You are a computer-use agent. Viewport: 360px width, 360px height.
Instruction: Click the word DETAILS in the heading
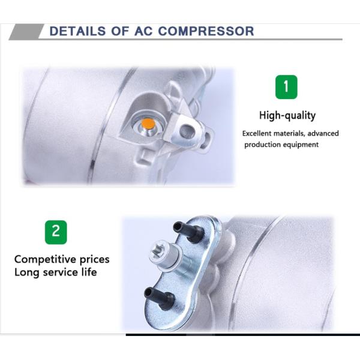pos(77,31)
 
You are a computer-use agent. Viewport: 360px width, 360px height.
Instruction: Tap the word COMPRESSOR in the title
pos(206,31)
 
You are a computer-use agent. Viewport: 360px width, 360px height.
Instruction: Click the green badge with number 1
pos(286,87)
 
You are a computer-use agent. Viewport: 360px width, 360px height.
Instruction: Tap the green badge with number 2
pos(56,232)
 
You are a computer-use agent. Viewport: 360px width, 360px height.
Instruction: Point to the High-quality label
pos(287,115)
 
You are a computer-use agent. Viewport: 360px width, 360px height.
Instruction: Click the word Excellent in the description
pos(257,133)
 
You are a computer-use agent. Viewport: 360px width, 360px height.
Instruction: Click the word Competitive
pos(45,260)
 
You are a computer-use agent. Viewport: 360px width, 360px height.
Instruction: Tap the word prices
pos(94,260)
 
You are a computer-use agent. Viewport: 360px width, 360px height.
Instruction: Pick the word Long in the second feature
pos(26,272)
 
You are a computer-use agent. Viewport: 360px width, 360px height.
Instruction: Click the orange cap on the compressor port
pos(148,124)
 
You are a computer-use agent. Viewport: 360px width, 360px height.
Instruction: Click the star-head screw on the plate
pos(166,256)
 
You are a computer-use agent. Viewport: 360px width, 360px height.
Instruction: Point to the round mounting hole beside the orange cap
pos(188,131)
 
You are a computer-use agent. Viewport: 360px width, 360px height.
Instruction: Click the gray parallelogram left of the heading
pos(26,32)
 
